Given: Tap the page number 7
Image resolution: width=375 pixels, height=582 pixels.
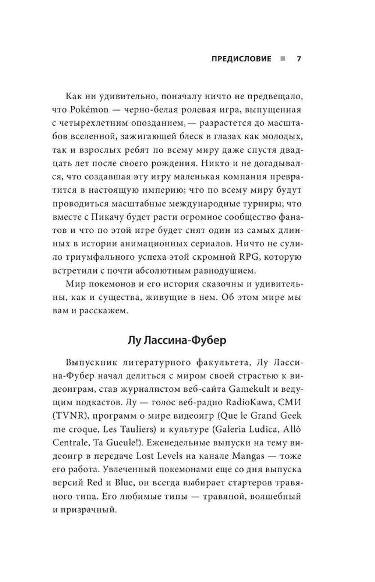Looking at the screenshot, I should (x=299, y=59).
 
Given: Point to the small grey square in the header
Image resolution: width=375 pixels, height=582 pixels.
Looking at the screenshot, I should (x=282, y=59).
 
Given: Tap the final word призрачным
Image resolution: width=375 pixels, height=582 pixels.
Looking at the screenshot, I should (x=91, y=510).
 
